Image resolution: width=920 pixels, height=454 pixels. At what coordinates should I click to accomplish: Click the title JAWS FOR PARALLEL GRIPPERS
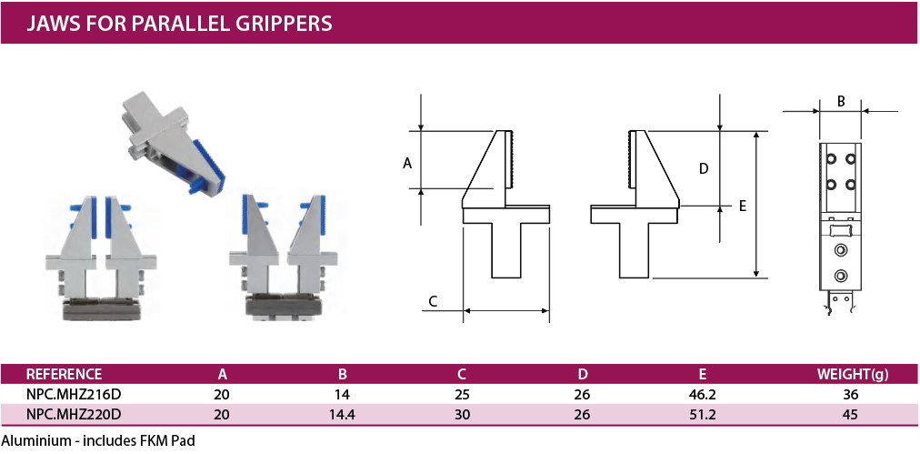coord(179,23)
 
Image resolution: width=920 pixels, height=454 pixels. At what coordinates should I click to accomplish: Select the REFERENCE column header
coord(65,374)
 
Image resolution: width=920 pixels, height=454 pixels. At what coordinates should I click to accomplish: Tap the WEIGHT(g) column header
coord(853,375)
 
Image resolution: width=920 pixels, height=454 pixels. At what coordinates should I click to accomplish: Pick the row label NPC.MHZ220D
coord(74,415)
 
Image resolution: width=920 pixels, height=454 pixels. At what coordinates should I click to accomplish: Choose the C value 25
coord(462,395)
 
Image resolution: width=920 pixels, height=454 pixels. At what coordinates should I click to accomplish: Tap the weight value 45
coord(850,415)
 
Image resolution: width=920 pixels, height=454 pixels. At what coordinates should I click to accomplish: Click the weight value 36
coord(850,395)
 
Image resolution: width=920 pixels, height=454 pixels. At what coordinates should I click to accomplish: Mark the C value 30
coord(462,415)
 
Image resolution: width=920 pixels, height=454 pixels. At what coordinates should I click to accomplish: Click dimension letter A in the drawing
coord(407,164)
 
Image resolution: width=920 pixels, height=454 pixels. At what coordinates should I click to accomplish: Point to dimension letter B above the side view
coord(840,102)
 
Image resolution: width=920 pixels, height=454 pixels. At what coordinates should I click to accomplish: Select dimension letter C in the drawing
coord(433,301)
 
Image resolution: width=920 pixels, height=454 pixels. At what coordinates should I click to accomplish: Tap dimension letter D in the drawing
coord(704,169)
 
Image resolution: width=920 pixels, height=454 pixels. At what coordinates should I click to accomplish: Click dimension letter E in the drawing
coord(742,207)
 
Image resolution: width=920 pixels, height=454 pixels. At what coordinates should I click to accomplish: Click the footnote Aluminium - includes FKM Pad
coord(98,440)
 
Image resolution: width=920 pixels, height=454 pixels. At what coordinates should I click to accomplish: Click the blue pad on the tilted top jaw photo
coord(208,167)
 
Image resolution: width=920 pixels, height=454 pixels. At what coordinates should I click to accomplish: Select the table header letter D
coord(582,374)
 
